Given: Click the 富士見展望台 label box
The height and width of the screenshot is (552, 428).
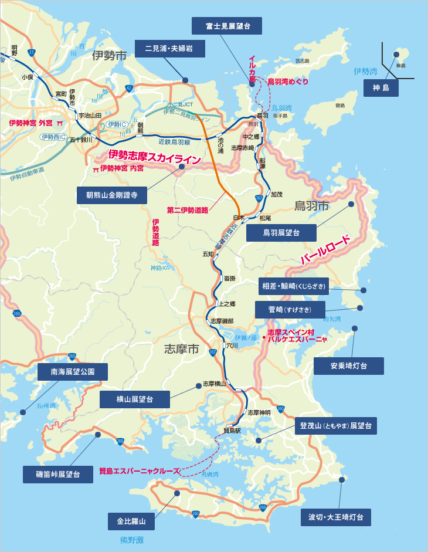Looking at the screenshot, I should [227, 26].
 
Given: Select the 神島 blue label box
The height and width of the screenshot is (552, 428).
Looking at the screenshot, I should [381, 89].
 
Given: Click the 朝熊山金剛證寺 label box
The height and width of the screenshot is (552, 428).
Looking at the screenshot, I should [111, 195].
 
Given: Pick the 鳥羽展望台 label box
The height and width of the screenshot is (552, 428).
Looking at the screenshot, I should [281, 233].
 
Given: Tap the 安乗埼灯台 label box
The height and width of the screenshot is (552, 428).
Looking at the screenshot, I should [348, 366].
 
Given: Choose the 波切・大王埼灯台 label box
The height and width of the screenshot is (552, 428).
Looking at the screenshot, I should [335, 517].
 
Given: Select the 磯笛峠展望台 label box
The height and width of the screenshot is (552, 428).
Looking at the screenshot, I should [58, 474].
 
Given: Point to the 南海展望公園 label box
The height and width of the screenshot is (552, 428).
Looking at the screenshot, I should [73, 371].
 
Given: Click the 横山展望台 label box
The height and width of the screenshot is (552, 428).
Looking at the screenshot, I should [134, 399].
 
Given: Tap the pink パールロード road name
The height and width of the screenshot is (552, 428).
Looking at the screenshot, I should [325, 249].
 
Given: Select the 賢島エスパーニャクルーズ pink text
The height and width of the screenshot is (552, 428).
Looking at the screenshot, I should [140, 470].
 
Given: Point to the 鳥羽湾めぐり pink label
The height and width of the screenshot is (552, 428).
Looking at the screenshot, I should [287, 82].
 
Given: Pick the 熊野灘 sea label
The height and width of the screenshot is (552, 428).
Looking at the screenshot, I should [127, 539].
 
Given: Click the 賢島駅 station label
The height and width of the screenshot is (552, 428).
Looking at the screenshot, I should [232, 430].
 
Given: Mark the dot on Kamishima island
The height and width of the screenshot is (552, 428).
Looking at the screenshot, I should [396, 55].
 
